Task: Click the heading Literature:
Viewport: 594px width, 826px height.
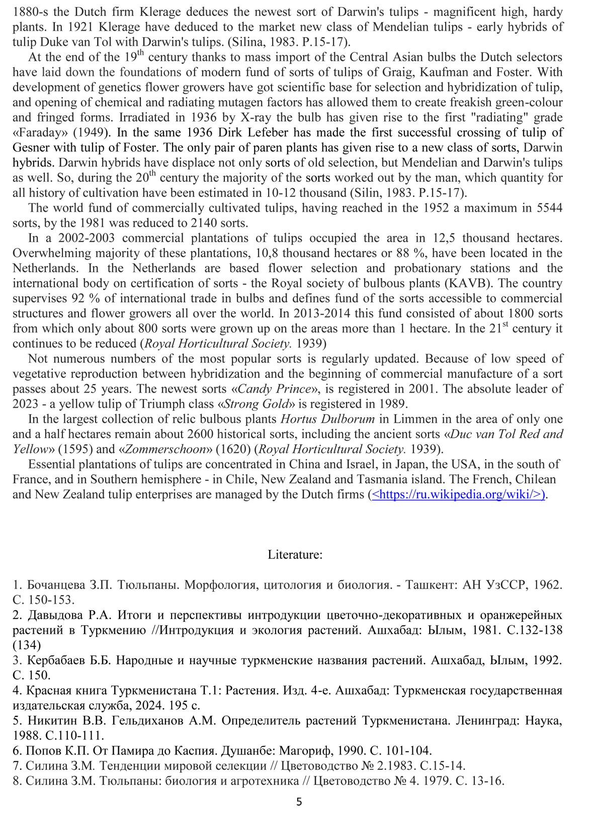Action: (x=295, y=555)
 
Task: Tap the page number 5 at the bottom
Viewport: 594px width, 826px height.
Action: (x=299, y=802)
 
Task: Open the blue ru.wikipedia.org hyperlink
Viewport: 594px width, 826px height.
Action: (x=458, y=495)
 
